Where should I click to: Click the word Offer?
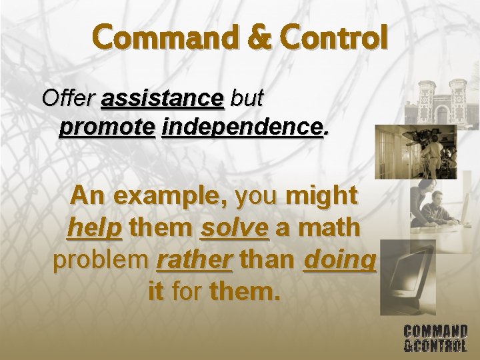pyautogui.click(x=68, y=99)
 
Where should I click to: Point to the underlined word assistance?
pyautogui.click(x=162, y=99)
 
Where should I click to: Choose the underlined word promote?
pyautogui.click(x=107, y=126)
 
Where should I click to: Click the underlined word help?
pyautogui.click(x=95, y=228)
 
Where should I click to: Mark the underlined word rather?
pyautogui.click(x=194, y=260)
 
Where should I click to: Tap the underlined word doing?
pyautogui.click(x=340, y=260)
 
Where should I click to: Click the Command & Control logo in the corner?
pyautogui.click(x=435, y=338)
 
